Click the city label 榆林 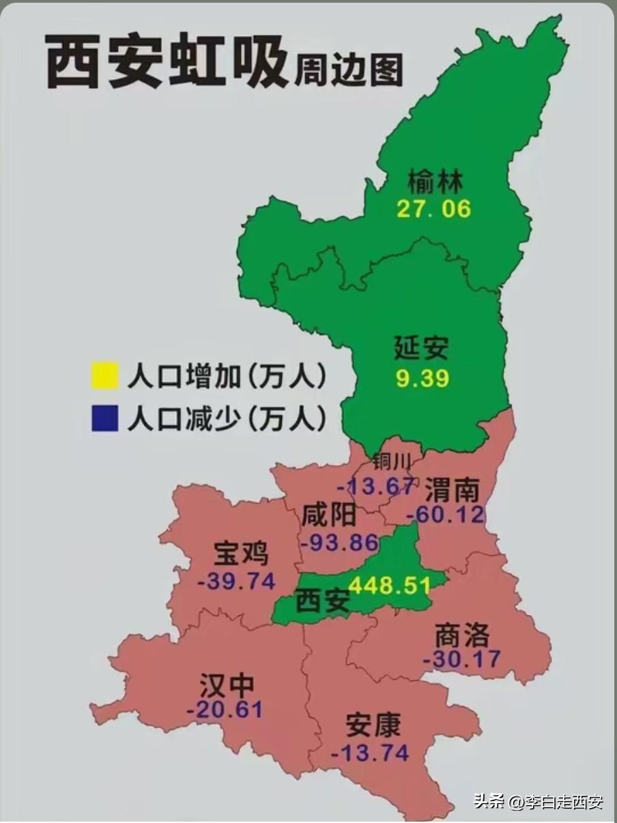coord(435,182)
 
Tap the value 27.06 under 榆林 coord(434,209)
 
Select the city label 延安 coord(422,347)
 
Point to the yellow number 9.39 coord(422,378)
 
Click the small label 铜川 coord(392,463)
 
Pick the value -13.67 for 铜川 coord(375,487)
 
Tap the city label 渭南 coord(452,489)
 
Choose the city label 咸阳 coord(329,515)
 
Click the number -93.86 coord(339,543)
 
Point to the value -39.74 coord(236,581)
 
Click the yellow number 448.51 coord(390,586)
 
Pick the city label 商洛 coord(462,635)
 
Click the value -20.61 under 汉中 coord(225,709)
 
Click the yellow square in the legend coord(104,377)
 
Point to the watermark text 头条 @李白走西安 coord(539,801)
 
